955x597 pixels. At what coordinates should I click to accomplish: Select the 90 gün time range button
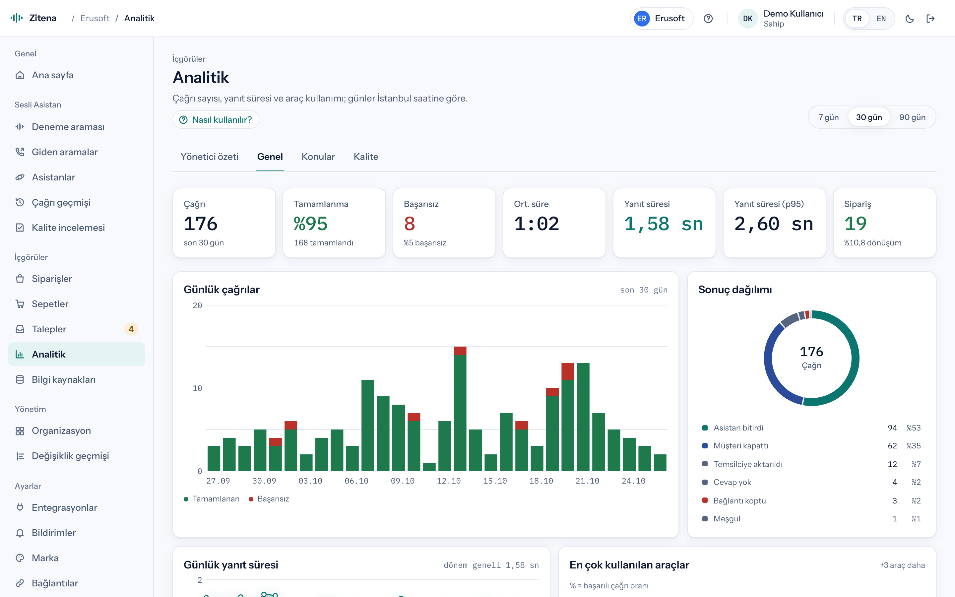[912, 117]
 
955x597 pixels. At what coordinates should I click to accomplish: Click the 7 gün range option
[828, 117]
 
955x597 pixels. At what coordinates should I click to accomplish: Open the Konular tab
[318, 157]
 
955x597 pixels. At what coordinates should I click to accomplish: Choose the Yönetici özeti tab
[210, 157]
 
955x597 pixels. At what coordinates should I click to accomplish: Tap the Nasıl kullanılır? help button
[216, 120]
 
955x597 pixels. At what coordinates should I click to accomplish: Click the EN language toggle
[881, 19]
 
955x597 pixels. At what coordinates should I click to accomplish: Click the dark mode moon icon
[910, 19]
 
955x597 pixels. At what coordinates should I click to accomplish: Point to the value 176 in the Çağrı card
[201, 224]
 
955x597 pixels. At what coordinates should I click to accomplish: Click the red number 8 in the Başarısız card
[409, 224]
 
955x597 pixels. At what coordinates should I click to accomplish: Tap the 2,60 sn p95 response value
[774, 224]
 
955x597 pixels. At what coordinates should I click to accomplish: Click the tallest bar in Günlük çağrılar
[460, 409]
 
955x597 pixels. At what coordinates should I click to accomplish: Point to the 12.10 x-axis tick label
[449, 481]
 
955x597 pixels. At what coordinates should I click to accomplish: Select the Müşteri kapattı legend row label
[741, 446]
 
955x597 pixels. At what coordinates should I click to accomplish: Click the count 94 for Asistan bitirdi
[892, 428]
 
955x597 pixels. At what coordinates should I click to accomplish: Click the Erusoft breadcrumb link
[95, 18]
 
